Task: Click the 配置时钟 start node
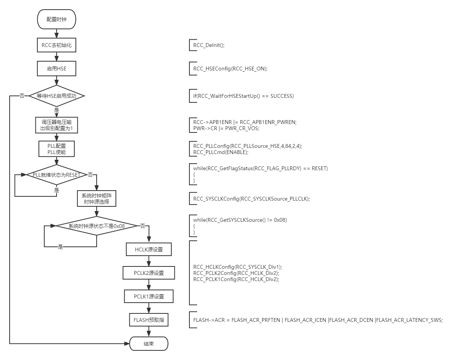57,20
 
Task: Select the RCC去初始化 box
57,45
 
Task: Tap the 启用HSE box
57,69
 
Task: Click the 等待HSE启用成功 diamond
57,96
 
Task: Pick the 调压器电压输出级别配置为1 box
57,125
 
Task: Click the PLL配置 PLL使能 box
57,149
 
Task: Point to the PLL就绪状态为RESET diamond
57,175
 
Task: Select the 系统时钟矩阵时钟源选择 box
96,198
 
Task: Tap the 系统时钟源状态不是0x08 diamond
96,226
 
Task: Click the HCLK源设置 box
149,249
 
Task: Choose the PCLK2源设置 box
149,273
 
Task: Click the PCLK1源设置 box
149,296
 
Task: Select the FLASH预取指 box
149,320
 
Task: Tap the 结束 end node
149,344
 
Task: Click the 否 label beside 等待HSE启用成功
22,96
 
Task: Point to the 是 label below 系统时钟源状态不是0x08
60,247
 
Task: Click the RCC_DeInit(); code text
209,45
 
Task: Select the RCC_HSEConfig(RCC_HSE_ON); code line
230,69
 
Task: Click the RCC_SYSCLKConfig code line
251,199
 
